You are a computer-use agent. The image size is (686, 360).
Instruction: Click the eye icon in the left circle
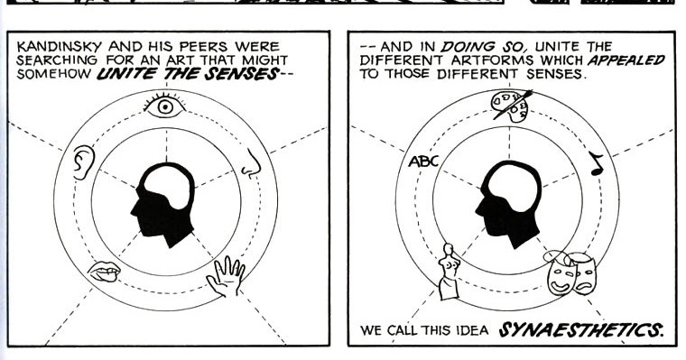pos(164,107)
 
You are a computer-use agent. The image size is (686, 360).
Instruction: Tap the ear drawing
pos(83,162)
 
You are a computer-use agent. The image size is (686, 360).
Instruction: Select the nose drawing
pos(252,162)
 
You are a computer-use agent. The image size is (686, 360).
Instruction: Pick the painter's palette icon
pos(510,106)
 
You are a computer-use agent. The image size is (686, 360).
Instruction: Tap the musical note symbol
pos(596,162)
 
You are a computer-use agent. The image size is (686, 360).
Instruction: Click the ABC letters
pos(423,162)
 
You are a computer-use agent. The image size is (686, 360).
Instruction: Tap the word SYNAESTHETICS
pos(582,329)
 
